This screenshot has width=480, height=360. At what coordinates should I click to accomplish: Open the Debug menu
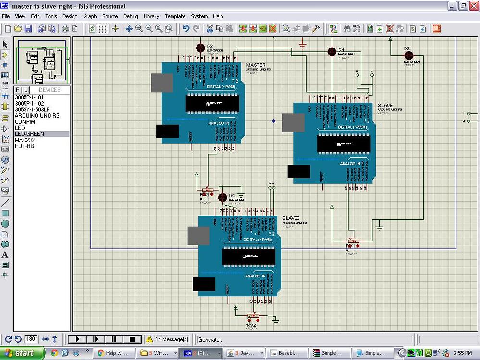click(x=130, y=16)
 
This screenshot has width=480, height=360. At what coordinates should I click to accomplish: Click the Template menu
click(x=175, y=16)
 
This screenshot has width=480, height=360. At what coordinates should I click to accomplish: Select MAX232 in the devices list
click(x=25, y=140)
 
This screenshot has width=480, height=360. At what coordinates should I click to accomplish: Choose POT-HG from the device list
click(x=25, y=146)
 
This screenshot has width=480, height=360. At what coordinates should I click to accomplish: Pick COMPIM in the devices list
click(x=25, y=122)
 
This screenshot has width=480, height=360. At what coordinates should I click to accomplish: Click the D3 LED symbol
click(x=201, y=48)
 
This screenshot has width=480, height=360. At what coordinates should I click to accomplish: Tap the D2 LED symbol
click(x=409, y=55)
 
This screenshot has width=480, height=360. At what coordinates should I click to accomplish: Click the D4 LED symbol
click(x=222, y=197)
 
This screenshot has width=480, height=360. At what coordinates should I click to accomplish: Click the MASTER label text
click(x=256, y=65)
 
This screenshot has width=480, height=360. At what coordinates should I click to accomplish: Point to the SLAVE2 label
click(x=291, y=218)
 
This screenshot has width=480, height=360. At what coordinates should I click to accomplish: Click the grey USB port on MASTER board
click(x=162, y=83)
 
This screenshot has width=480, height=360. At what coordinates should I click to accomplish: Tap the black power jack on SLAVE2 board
click(x=204, y=284)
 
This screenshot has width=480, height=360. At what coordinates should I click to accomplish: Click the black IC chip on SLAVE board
click(x=344, y=143)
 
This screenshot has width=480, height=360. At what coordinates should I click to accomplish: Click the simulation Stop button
click(x=132, y=339)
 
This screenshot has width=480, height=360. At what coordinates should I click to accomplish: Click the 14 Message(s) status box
click(x=169, y=339)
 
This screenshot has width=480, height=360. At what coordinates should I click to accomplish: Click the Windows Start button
click(x=22, y=353)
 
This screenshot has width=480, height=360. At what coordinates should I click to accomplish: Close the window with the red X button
click(x=474, y=6)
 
